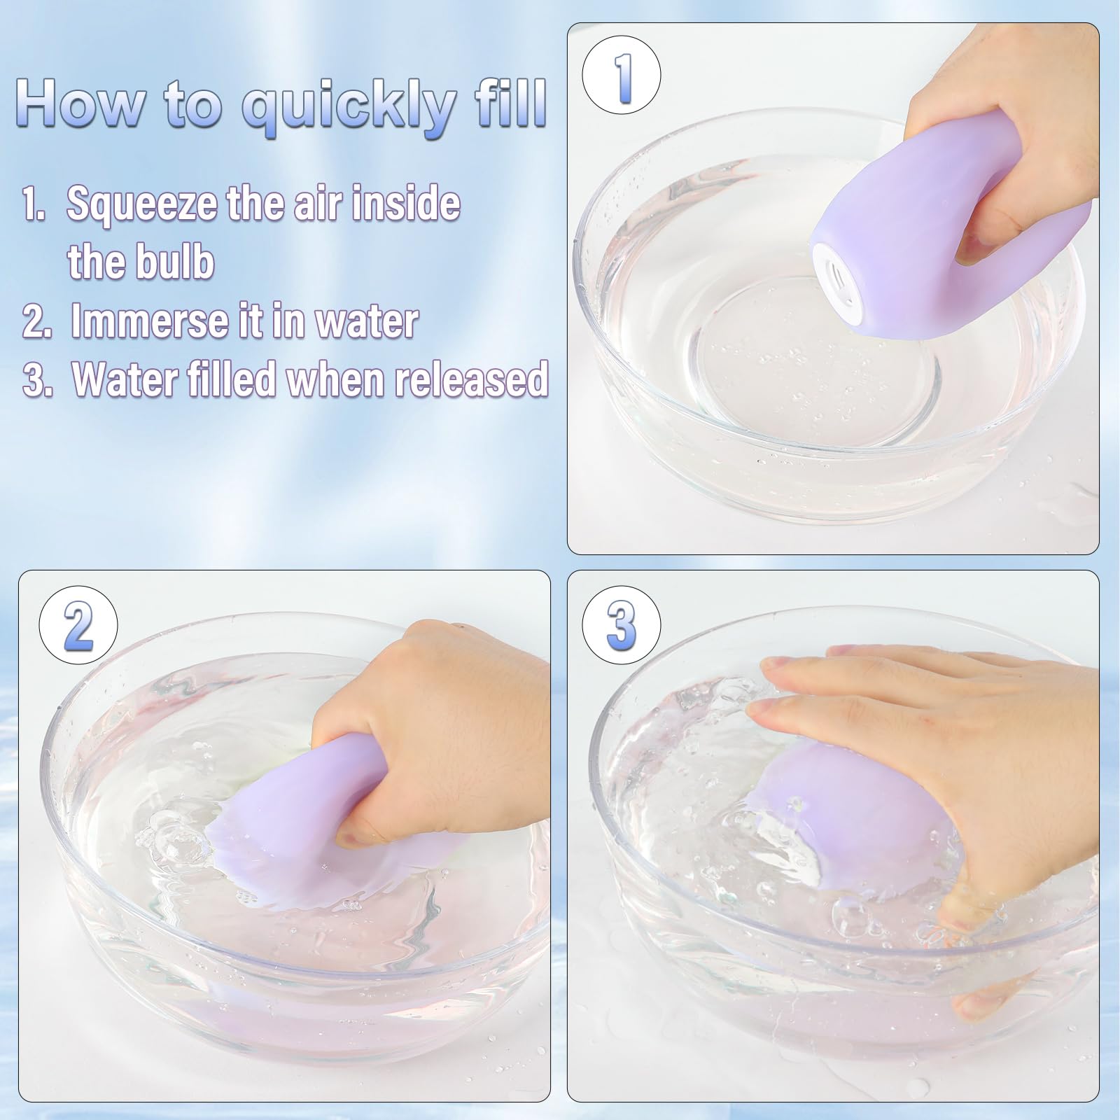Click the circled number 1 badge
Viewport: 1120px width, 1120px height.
(622, 76)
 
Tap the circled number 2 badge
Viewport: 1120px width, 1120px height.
(78, 624)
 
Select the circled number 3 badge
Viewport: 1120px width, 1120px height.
(622, 624)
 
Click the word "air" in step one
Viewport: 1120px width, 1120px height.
(325, 203)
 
